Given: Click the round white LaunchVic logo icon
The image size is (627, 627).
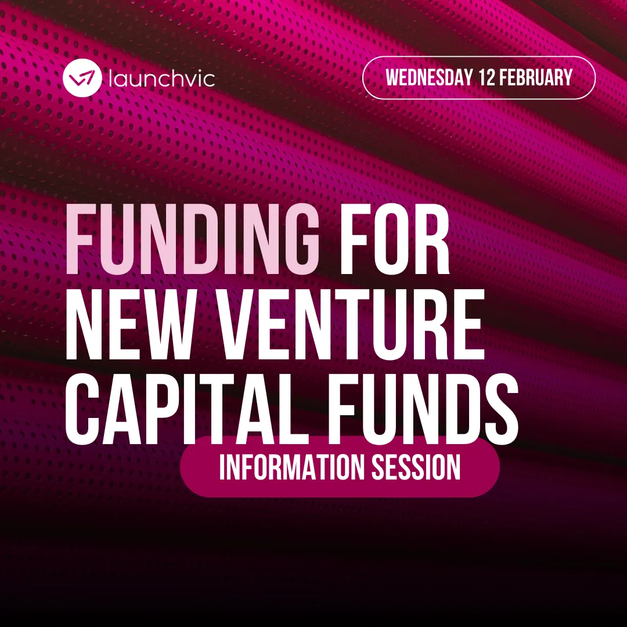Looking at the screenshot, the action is pyautogui.click(x=82, y=78).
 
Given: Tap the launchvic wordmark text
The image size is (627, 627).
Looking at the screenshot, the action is pyautogui.click(x=162, y=78).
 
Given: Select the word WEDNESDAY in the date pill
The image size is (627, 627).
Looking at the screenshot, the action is pyautogui.click(x=428, y=78).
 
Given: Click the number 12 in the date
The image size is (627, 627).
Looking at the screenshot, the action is pyautogui.click(x=487, y=78).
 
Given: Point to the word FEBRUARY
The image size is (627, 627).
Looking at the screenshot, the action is pyautogui.click(x=536, y=78).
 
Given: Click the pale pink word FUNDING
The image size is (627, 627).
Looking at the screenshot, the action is pyautogui.click(x=192, y=239).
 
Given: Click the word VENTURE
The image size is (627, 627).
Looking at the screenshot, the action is pyautogui.click(x=351, y=323).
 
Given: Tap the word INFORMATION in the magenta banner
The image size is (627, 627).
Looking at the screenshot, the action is pyautogui.click(x=291, y=467).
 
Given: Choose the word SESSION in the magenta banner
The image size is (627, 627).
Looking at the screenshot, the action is pyautogui.click(x=416, y=467).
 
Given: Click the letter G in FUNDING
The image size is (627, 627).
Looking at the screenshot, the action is pyautogui.click(x=296, y=239).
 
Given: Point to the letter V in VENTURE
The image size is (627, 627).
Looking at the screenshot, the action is pyautogui.click(x=242, y=323).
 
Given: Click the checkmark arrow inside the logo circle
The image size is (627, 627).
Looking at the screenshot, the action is pyautogui.click(x=82, y=77).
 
